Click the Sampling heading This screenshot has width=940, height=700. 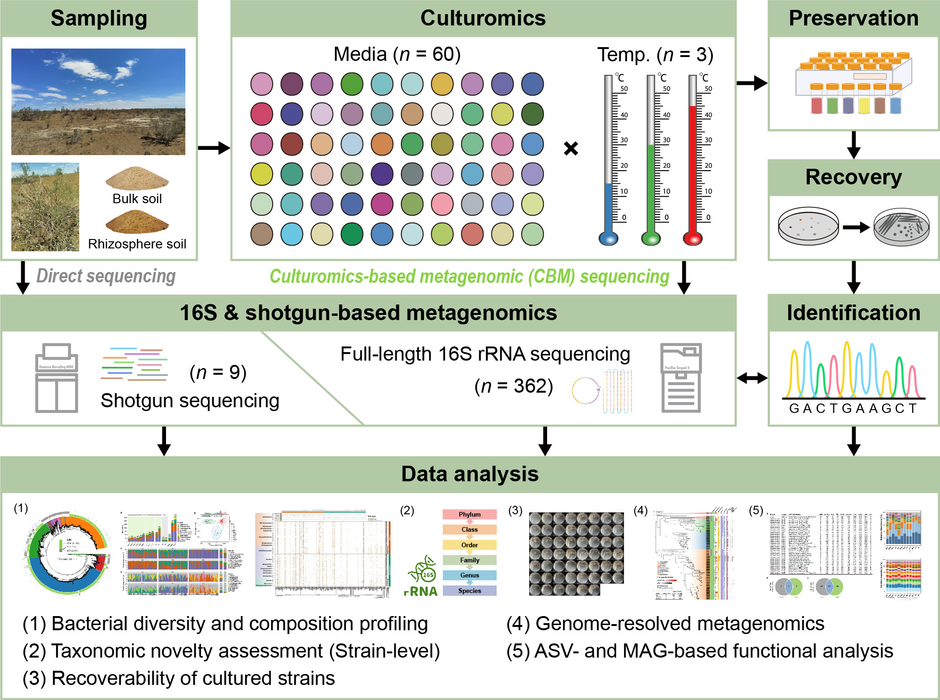[99, 18]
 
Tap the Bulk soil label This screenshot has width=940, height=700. [137, 198]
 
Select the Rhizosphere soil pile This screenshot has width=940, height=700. [137, 222]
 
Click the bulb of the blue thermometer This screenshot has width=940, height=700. [608, 239]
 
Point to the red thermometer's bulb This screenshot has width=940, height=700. [693, 239]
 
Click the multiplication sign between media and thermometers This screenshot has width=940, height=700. [571, 148]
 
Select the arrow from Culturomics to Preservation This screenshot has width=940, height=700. [752, 83]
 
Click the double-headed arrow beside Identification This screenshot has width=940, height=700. [752, 378]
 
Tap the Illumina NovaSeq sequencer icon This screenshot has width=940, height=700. [57, 378]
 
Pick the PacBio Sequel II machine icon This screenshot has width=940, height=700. [681, 378]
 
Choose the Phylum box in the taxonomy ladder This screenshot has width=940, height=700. [469, 514]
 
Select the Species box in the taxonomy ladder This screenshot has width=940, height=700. [469, 591]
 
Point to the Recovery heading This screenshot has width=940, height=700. [853, 177]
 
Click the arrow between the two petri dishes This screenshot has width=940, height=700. [856, 228]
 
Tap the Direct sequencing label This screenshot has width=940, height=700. [106, 276]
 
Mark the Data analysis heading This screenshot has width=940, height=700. [470, 474]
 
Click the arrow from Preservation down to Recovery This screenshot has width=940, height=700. [854, 145]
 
